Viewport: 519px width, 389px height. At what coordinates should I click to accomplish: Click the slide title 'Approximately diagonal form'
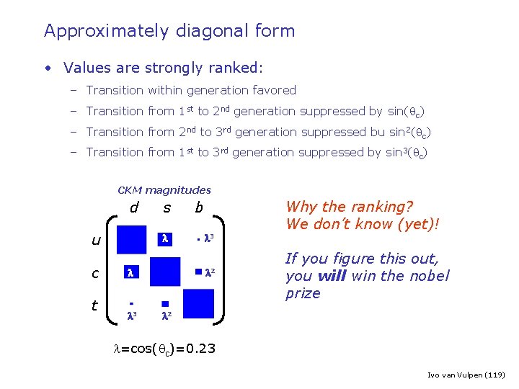click(x=169, y=31)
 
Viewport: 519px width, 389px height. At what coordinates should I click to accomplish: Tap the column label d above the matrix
click(x=134, y=208)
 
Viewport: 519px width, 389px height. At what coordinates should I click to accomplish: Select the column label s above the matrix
click(x=167, y=208)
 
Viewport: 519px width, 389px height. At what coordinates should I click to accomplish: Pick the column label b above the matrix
click(x=199, y=208)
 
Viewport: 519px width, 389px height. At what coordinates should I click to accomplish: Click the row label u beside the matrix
click(x=96, y=240)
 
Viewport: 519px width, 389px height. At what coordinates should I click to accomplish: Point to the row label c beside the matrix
click(x=95, y=274)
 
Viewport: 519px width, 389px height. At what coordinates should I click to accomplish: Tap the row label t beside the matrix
click(x=94, y=305)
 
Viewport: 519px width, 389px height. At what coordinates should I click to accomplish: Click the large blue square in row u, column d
click(x=131, y=239)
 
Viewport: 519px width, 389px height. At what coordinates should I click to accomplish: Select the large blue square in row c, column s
click(x=165, y=272)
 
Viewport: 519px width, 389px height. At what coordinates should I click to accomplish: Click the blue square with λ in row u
click(x=165, y=238)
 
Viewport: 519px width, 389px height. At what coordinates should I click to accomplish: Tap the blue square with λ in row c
click(x=130, y=272)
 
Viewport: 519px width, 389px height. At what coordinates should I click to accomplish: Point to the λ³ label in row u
click(x=210, y=238)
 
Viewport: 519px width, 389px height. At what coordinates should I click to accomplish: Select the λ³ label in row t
click(x=131, y=316)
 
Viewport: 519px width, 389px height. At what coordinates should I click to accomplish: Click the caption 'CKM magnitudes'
click(x=164, y=190)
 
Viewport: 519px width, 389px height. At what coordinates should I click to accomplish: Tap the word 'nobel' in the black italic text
click(x=430, y=276)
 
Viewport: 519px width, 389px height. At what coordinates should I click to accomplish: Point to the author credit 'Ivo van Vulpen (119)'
click(x=466, y=375)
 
